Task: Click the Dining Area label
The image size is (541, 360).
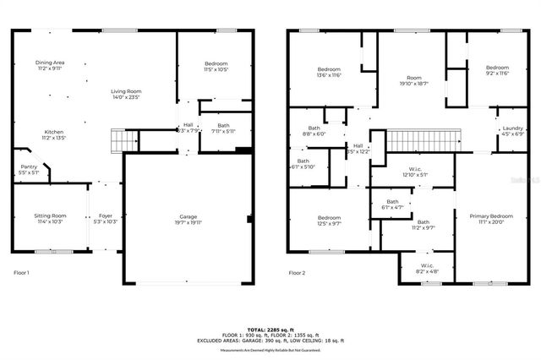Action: coord(50,66)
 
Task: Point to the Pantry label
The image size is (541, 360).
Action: coord(27,169)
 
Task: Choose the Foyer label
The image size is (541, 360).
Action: coord(106,219)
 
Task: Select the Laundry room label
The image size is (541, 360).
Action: coord(512,130)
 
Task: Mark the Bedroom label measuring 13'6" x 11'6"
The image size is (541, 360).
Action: coord(329,72)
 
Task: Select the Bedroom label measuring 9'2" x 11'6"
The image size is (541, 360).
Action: coord(497,71)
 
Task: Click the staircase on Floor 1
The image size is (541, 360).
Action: coord(123,139)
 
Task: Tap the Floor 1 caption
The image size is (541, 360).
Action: coord(21,273)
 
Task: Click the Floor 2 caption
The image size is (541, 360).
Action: coord(297,273)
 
